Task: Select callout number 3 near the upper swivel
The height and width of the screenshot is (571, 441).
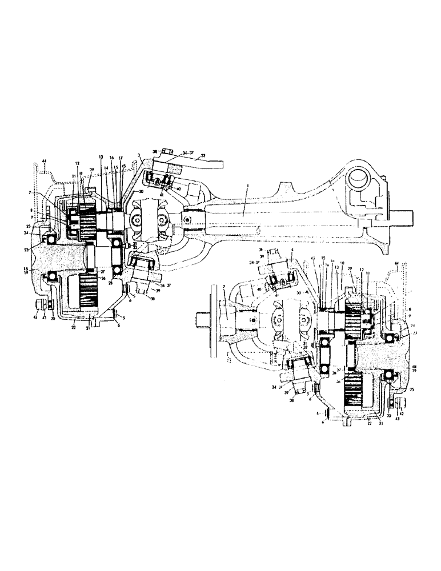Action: click(139, 155)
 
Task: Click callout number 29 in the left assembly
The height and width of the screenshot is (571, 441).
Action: click(91, 170)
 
